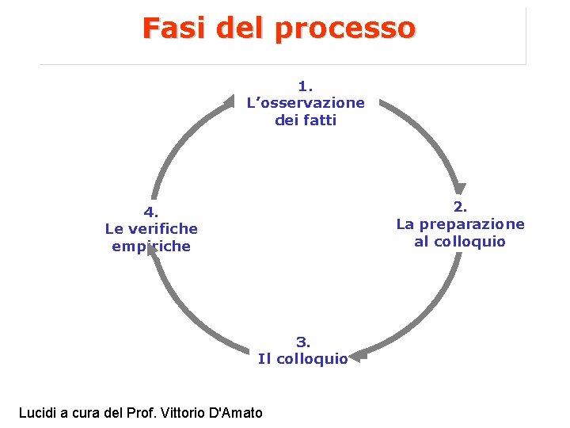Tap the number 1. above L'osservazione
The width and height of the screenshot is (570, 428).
[306, 85]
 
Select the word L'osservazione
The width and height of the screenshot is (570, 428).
[306, 103]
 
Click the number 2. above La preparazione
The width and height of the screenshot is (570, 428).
[460, 207]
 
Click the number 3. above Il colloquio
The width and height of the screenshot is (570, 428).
[303, 342]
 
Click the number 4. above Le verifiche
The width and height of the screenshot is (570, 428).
[151, 212]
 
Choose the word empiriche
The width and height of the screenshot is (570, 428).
[152, 246]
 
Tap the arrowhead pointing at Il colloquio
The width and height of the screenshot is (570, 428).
[355, 357]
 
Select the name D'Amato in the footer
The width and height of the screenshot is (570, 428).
[235, 412]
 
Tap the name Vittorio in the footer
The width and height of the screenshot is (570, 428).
[183, 412]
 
